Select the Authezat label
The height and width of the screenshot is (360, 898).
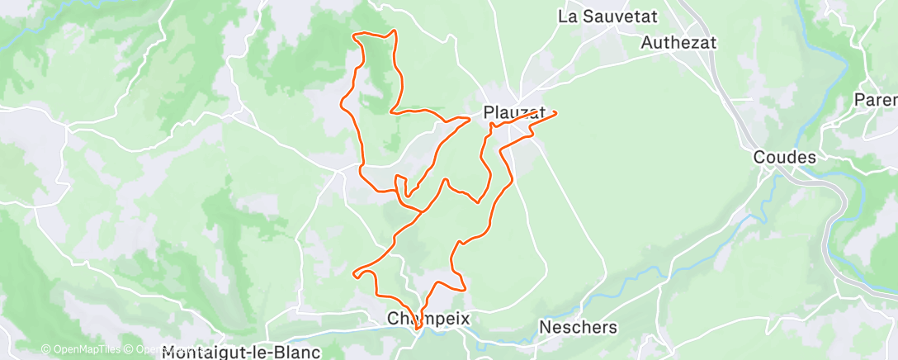tap(678, 42)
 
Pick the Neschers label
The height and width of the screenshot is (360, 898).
tap(578, 327)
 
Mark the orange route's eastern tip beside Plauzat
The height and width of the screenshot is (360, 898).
tap(555, 112)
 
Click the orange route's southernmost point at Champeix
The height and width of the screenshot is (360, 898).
tap(418, 329)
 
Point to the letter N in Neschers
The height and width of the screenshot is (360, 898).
tap(545, 327)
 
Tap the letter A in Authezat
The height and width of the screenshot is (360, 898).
tap(646, 42)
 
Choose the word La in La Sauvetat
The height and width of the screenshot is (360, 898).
tap(566, 16)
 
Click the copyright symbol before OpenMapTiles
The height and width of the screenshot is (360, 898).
tap(45, 349)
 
